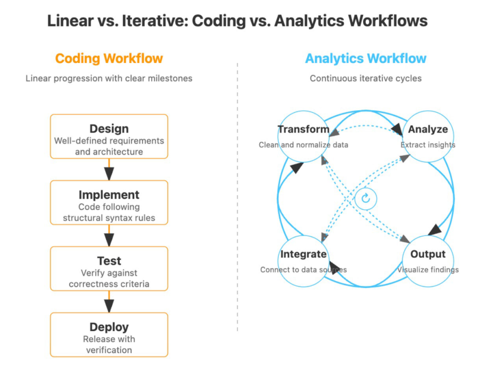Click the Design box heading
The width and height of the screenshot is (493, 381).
(x=109, y=129)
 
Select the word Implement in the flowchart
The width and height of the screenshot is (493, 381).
(x=109, y=195)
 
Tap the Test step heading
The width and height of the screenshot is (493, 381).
(x=109, y=261)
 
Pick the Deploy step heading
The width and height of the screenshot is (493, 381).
(x=109, y=327)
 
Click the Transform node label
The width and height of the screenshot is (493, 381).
(x=303, y=129)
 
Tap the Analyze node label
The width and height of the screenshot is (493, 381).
(x=428, y=129)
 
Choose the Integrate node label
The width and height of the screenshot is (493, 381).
(x=303, y=254)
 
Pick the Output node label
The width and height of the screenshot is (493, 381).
(x=428, y=254)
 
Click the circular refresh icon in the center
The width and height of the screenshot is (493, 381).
(x=365, y=198)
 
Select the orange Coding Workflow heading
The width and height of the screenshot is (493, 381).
(x=109, y=59)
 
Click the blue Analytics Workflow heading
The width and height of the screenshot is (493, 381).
(x=365, y=59)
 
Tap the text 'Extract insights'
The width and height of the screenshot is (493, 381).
(x=428, y=145)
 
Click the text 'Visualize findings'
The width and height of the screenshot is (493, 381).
(x=428, y=270)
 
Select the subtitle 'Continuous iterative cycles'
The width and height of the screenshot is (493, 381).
(x=365, y=78)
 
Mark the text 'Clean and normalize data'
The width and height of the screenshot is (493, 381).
(x=303, y=145)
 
